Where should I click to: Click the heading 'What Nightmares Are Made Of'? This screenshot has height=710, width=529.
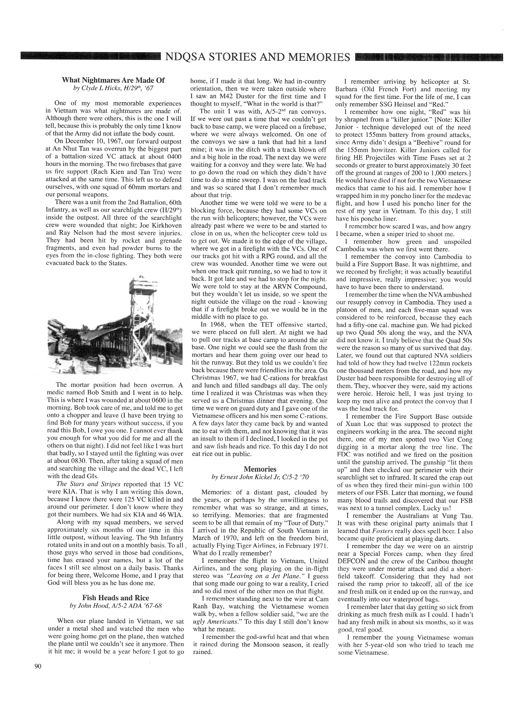click(113, 80)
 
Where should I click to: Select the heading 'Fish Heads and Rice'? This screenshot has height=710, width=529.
click(115, 598)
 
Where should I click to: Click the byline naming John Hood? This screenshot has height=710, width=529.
click(115, 606)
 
